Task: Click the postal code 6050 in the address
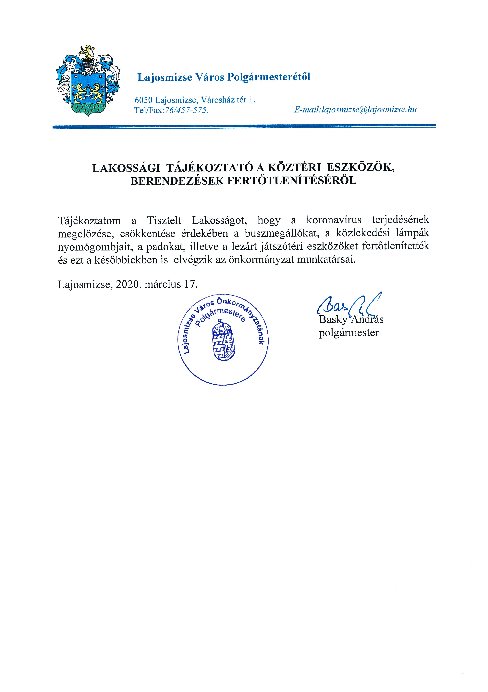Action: pyautogui.click(x=144, y=100)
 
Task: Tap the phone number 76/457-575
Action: pyautogui.click(x=186, y=110)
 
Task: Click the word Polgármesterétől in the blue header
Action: pyautogui.click(x=268, y=77)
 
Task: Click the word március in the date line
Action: pyautogui.click(x=163, y=284)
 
